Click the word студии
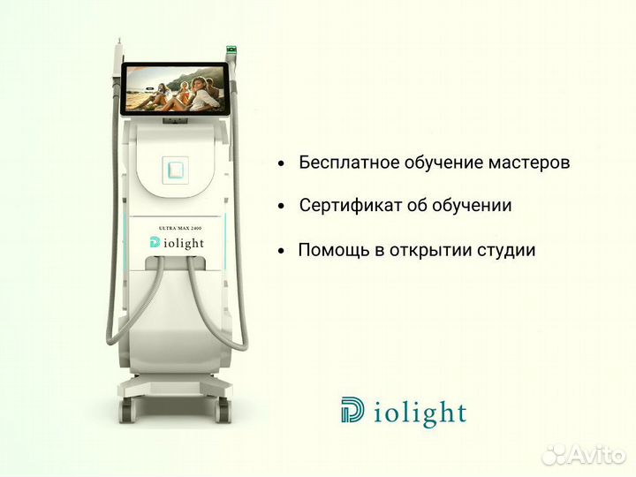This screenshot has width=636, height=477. pos(506,250)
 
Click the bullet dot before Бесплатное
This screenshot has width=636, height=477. pos(281,164)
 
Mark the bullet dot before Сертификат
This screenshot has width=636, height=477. pos(281,207)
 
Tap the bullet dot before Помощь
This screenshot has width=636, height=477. pos(281,251)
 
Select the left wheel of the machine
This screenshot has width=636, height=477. pos(127,411)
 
